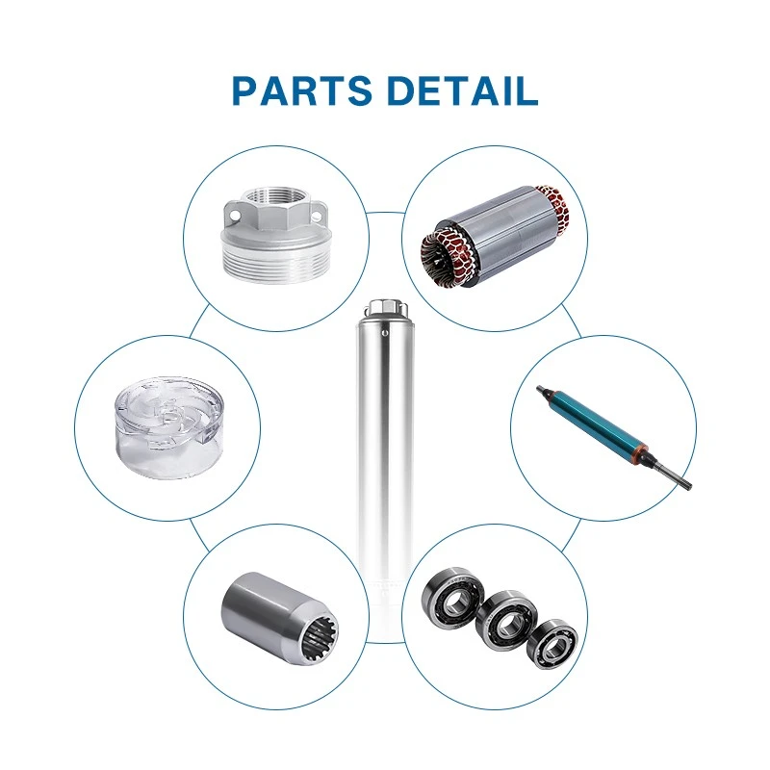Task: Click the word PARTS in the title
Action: click(x=301, y=90)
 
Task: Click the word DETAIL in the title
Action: click(x=463, y=90)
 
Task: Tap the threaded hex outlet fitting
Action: click(x=275, y=235)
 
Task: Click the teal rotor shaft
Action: click(x=614, y=436)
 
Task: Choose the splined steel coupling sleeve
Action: click(x=280, y=616)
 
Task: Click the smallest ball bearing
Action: click(x=552, y=644)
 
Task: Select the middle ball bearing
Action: click(x=506, y=620)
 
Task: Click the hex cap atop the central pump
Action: click(x=386, y=308)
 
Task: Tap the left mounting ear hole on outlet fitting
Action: click(x=233, y=215)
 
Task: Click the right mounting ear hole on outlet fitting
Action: click(x=317, y=215)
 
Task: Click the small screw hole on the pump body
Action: click(x=385, y=333)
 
